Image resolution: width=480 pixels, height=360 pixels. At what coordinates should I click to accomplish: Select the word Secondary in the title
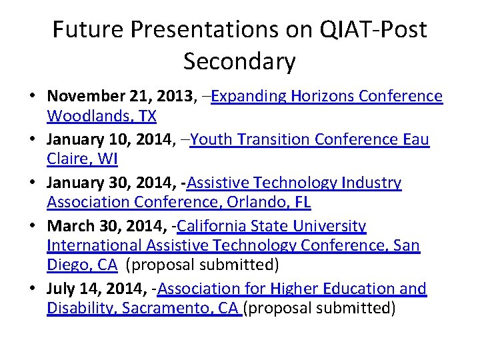[x=239, y=61]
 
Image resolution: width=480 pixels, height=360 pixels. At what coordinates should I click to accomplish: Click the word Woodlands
[x=84, y=116]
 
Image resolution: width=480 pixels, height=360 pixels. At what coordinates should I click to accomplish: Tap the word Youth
[x=210, y=139]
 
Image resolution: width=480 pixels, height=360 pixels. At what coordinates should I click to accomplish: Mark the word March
[x=68, y=226]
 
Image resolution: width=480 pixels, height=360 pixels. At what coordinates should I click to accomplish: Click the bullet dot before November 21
[x=32, y=97]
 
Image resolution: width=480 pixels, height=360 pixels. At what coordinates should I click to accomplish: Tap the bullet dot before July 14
[x=32, y=289]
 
